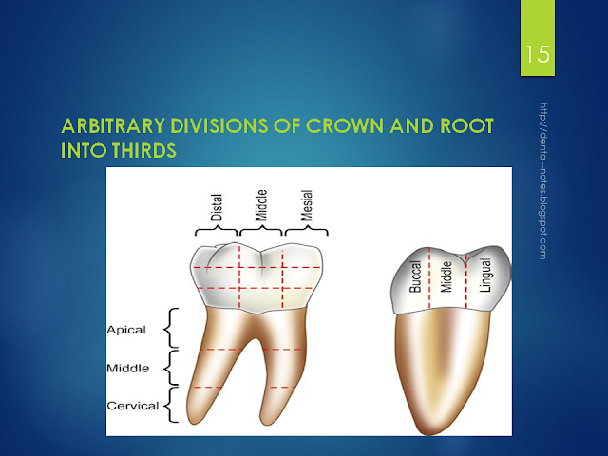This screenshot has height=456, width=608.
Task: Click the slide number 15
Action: pyautogui.click(x=538, y=54)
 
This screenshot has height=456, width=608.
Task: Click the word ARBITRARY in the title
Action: pyautogui.click(x=113, y=125)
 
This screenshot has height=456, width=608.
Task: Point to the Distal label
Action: pyautogui.click(x=217, y=207)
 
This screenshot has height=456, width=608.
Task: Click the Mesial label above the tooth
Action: pyautogui.click(x=307, y=205)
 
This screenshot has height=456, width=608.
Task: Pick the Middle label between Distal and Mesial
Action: pyautogui.click(x=262, y=205)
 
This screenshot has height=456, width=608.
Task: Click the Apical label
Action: pyautogui.click(x=126, y=330)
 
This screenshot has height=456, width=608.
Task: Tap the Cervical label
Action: pyautogui.click(x=133, y=406)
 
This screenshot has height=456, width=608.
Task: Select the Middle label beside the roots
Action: pyautogui.click(x=128, y=368)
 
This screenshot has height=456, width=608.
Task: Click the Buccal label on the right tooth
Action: pyautogui.click(x=415, y=276)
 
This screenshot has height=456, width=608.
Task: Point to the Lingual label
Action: pyautogui.click(x=485, y=275)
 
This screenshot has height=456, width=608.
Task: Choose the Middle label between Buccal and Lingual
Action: pyautogui.click(x=446, y=276)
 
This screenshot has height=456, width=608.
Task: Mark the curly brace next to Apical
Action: pyautogui.click(x=171, y=328)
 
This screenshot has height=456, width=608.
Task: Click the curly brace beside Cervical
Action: pyautogui.click(x=171, y=405)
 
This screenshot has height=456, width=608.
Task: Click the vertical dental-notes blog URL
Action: pyautogui.click(x=543, y=180)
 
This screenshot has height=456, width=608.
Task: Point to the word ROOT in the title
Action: pyautogui.click(x=467, y=125)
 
